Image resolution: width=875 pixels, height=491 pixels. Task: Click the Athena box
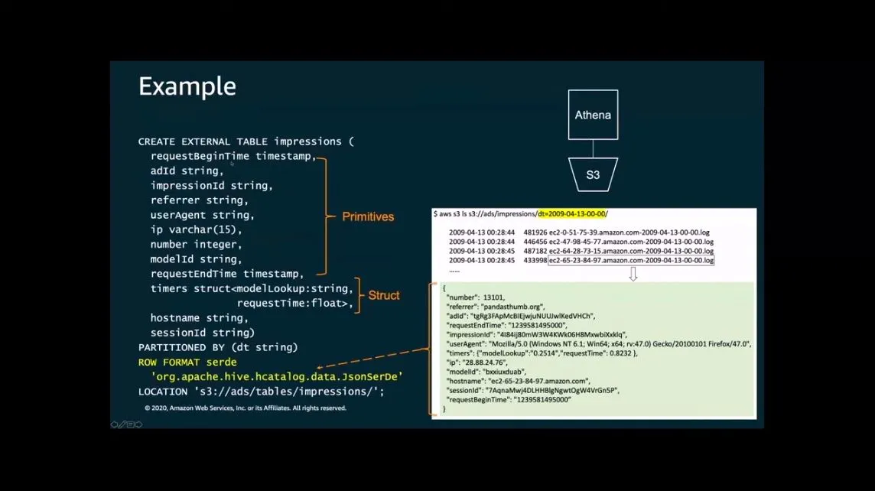[x=593, y=115]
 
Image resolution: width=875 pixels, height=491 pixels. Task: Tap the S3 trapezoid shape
[x=593, y=174]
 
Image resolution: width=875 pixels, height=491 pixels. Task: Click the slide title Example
[x=187, y=86]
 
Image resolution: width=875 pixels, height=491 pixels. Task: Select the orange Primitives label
[x=368, y=216]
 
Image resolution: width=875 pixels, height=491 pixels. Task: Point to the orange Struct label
[x=384, y=295]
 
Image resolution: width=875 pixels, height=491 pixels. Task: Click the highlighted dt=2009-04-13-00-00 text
[x=571, y=214]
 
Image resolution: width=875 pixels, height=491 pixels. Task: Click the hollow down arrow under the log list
[x=633, y=274]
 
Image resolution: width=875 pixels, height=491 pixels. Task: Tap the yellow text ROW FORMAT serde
[x=187, y=362]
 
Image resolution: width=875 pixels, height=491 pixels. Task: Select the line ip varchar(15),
[x=196, y=229]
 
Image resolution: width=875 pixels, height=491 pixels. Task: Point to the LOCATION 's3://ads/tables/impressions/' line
[x=261, y=392]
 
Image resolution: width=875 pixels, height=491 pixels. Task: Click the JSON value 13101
[x=493, y=297]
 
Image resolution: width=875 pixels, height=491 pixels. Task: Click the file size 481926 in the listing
[x=535, y=232]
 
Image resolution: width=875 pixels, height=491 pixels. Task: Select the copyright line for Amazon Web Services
[x=246, y=408]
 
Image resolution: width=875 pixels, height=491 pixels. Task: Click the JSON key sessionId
[x=464, y=390]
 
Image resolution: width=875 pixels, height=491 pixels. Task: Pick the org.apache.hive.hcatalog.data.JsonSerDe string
[x=277, y=376]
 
